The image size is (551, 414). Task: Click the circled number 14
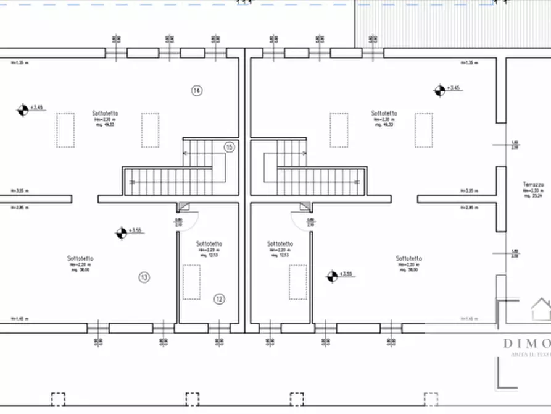197,91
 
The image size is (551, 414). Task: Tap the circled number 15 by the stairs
229,147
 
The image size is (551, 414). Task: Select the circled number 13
144,277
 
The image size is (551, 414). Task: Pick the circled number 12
219,299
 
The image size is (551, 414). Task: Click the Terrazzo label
533,185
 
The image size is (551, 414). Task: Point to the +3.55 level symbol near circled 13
122,233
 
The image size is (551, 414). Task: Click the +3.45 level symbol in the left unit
23,110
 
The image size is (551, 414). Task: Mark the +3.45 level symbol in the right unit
439,91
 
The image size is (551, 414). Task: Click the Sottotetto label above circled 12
209,244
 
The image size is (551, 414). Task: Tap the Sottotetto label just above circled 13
81,258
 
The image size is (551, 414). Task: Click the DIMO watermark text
526,344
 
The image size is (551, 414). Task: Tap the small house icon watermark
541,309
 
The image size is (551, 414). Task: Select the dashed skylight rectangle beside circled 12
191,282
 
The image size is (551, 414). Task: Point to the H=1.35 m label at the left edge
20,62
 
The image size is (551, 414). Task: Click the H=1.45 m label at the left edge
20,319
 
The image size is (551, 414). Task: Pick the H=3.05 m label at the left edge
20,191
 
